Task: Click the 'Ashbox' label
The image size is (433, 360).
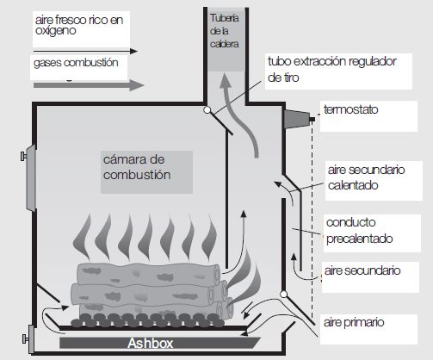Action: tap(150, 343)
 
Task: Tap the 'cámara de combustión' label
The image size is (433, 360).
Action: tap(137, 167)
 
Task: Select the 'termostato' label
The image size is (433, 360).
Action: tap(350, 109)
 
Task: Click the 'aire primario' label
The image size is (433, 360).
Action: tap(354, 322)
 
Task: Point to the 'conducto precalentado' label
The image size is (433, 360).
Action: tap(359, 231)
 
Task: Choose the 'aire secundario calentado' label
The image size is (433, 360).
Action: tap(366, 177)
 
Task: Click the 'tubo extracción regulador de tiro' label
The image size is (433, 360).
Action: tap(332, 69)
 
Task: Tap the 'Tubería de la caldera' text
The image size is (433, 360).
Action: tap(225, 31)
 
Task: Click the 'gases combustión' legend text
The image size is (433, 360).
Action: tap(76, 63)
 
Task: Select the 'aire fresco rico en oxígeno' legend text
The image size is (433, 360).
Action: tap(79, 25)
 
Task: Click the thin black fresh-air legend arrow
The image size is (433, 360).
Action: tap(85, 51)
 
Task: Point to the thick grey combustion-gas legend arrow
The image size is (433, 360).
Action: tap(89, 85)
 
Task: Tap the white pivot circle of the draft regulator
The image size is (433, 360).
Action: tap(207, 109)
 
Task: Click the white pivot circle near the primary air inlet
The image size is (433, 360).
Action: tap(283, 294)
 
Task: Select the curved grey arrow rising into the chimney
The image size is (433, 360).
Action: tap(241, 115)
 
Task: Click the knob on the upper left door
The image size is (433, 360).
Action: tap(23, 157)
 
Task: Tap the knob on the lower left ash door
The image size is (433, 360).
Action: tap(25, 338)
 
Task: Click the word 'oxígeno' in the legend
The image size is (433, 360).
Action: tap(55, 31)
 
